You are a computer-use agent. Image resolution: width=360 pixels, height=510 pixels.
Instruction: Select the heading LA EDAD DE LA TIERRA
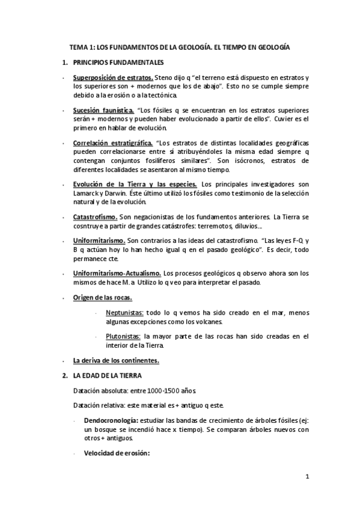pos(107,375)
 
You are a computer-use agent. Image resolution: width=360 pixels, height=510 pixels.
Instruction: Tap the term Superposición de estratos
pos(112,79)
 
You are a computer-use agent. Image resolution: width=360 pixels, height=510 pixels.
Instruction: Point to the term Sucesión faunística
pos(103,111)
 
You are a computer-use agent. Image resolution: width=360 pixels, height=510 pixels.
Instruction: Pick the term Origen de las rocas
pos(103,298)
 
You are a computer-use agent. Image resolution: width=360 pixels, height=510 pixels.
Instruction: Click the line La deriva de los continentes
pos(116,360)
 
